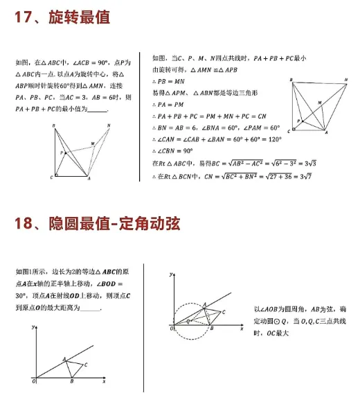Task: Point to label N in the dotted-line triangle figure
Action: click(x=109, y=125)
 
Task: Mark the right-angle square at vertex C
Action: click(x=56, y=176)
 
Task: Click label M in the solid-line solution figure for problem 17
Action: click(x=319, y=103)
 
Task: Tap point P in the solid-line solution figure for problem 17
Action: click(x=298, y=121)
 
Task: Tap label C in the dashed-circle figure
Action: click(x=224, y=313)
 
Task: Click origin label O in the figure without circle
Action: click(x=33, y=381)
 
